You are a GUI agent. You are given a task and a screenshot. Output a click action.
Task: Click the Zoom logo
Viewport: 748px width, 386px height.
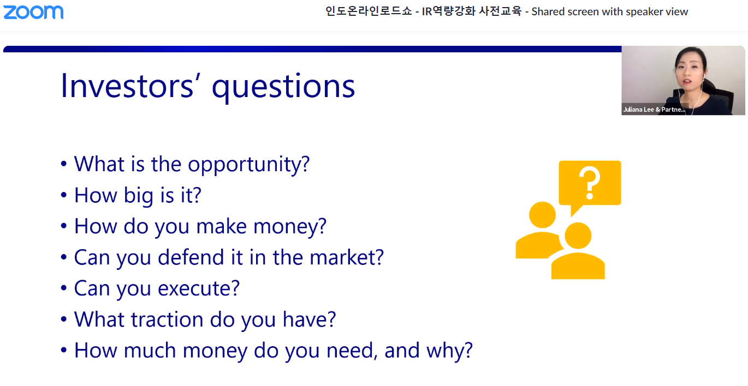pyautogui.click(x=33, y=13)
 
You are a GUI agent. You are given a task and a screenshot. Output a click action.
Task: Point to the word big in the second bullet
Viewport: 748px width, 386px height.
pyautogui.click(x=139, y=196)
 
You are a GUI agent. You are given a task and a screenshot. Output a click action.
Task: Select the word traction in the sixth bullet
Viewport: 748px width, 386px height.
pyautogui.click(x=167, y=319)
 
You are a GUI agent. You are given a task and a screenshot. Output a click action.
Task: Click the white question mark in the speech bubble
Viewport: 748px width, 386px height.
pyautogui.click(x=590, y=183)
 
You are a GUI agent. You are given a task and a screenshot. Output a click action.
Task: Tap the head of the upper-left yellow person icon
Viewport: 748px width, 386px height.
pyautogui.click(x=542, y=215)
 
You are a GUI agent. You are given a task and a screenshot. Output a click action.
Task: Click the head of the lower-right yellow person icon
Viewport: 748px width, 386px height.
pyautogui.click(x=578, y=236)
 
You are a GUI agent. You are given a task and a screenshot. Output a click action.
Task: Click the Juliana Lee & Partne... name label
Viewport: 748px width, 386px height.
pyautogui.click(x=654, y=110)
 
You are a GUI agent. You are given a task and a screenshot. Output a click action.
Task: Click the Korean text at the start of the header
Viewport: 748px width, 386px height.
pyautogui.click(x=369, y=11)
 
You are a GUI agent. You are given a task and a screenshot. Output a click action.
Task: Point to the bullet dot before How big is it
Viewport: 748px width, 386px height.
pyautogui.click(x=64, y=195)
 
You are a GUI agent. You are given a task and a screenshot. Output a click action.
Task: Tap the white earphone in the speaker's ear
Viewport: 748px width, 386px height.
pyautogui.click(x=704, y=77)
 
